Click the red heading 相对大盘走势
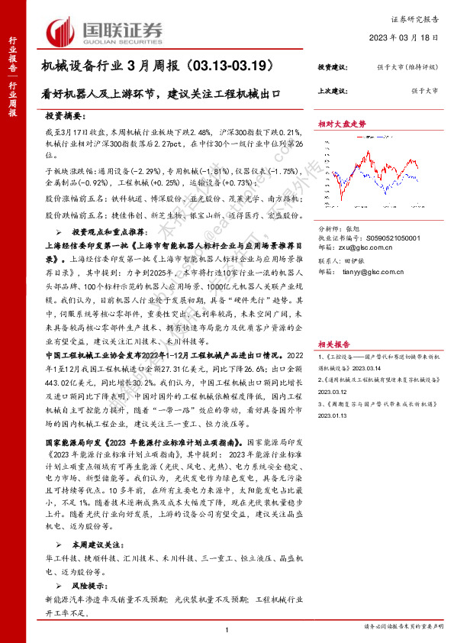click(343, 122)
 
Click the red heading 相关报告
click(334, 322)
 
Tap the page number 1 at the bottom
click(227, 628)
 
